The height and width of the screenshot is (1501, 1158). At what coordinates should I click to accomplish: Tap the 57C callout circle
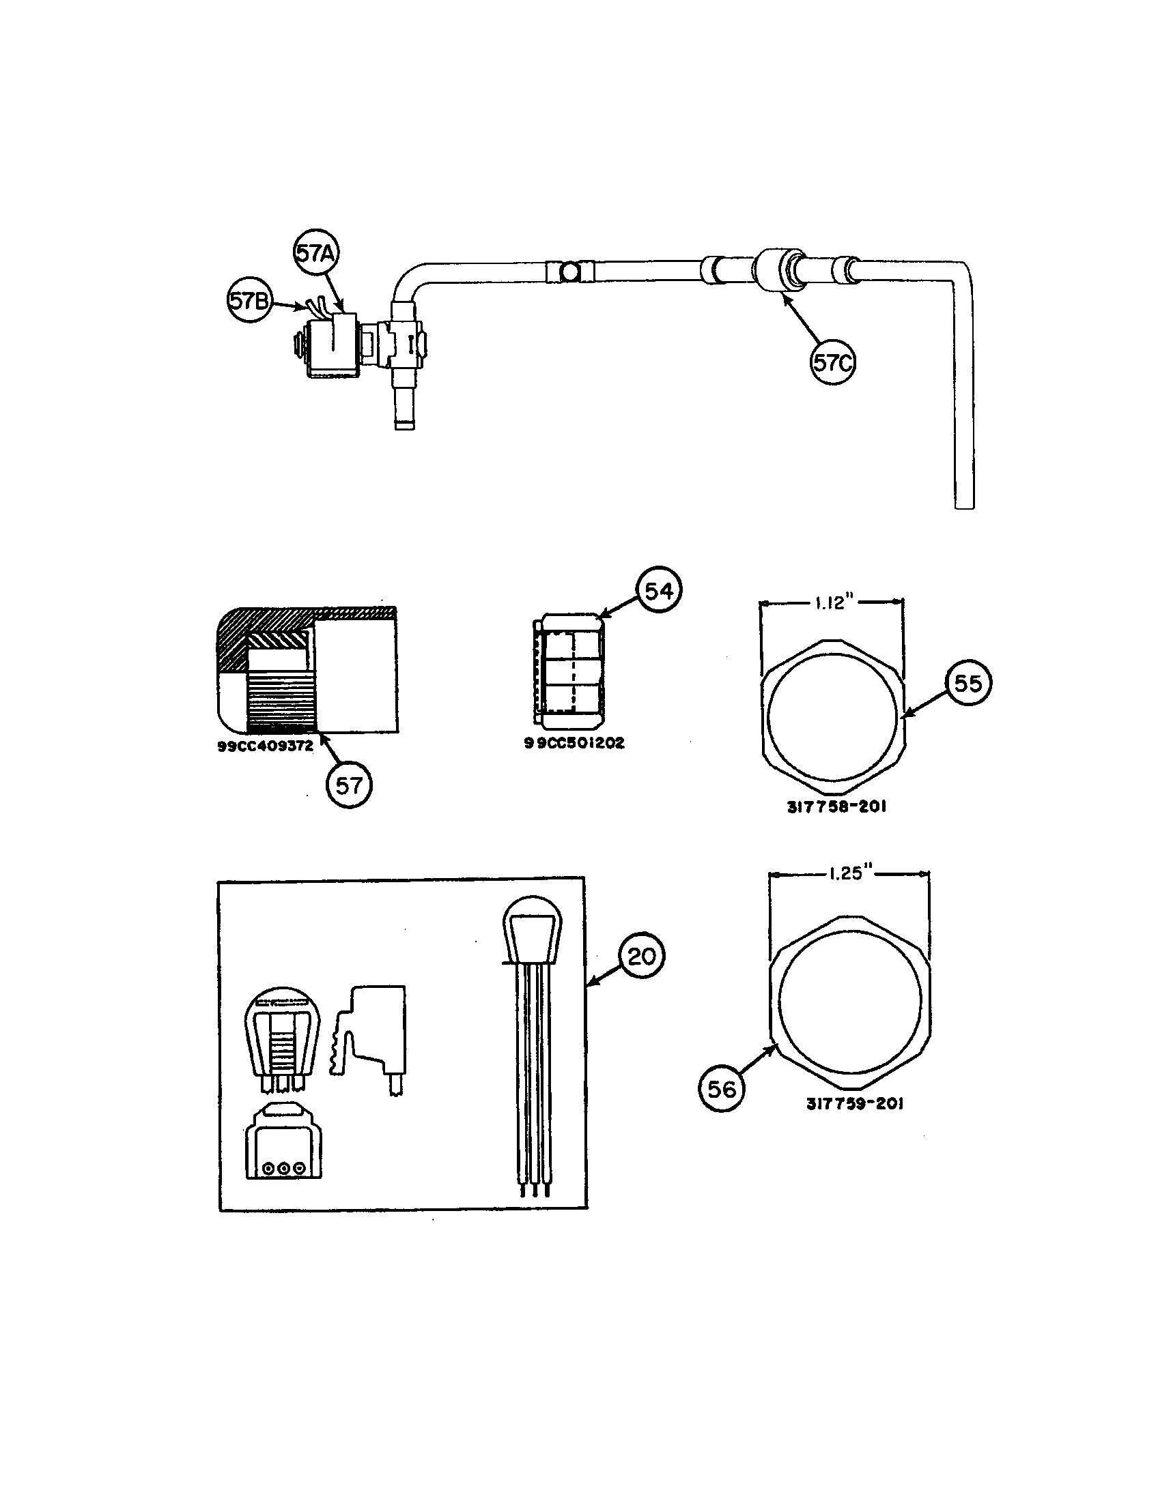833,362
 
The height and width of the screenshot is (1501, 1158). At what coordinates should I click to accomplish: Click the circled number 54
658,590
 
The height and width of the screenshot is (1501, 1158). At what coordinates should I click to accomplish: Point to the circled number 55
968,683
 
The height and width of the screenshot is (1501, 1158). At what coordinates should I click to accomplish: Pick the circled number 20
642,956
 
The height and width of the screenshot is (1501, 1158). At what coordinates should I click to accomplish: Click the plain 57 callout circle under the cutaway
350,785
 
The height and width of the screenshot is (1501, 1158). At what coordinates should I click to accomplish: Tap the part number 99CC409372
266,746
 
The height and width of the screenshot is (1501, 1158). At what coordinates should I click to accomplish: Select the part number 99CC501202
574,743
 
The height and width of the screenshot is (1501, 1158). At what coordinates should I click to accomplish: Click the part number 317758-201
836,807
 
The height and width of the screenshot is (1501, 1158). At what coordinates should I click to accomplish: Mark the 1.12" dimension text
834,603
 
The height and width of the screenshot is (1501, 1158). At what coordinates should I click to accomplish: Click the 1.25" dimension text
849,874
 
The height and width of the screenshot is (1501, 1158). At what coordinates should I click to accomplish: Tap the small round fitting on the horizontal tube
569,273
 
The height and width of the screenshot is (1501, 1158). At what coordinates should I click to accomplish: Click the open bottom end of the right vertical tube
964,505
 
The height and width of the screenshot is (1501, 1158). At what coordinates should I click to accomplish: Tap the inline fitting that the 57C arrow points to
775,273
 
